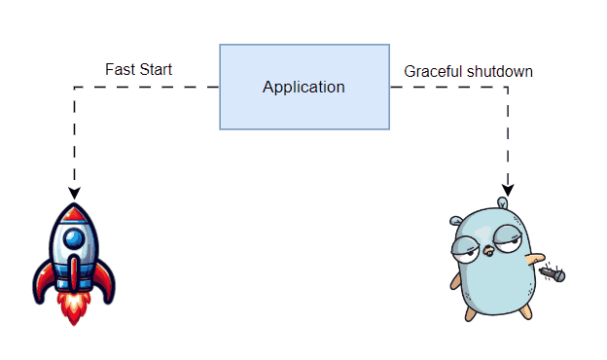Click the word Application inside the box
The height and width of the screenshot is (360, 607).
303,88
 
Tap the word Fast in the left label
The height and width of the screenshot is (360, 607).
120,70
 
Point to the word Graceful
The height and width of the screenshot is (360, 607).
433,71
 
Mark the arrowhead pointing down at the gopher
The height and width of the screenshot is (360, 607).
507,189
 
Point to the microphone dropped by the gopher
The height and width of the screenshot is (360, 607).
555,275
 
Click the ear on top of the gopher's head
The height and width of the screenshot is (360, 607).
502,202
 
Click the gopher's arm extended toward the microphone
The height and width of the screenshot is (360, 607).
534,261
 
